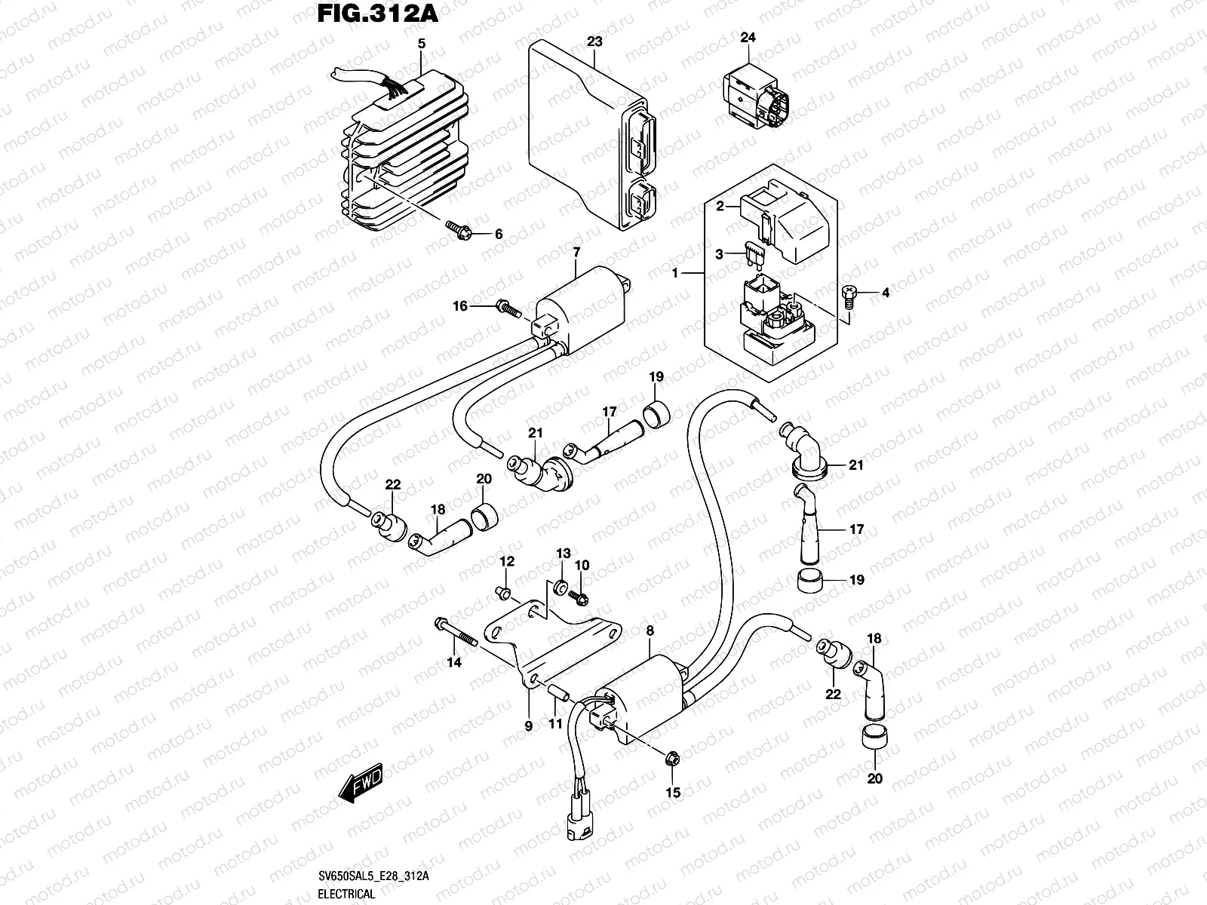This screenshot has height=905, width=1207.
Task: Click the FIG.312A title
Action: pyautogui.click(x=378, y=13)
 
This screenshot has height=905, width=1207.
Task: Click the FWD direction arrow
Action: pyautogui.click(x=360, y=783)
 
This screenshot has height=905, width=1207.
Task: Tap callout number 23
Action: pyautogui.click(x=594, y=41)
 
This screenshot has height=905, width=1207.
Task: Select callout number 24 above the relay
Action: pyautogui.click(x=748, y=38)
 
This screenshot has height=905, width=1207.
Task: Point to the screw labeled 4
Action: pyautogui.click(x=849, y=296)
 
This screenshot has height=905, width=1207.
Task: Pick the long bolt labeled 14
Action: pyautogui.click(x=456, y=633)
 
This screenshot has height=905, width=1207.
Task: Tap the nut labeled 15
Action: pyautogui.click(x=672, y=759)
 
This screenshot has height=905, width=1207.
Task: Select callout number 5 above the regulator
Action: pyautogui.click(x=421, y=44)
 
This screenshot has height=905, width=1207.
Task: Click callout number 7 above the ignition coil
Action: pyautogui.click(x=576, y=253)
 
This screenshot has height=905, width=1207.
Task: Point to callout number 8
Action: pyautogui.click(x=650, y=630)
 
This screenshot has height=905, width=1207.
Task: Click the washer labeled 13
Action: pyautogui.click(x=561, y=587)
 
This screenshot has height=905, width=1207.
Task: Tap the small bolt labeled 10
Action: pyautogui.click(x=578, y=597)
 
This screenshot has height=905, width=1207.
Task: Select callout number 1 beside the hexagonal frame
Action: pyautogui.click(x=675, y=272)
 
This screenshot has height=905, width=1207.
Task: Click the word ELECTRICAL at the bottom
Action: pyautogui.click(x=346, y=894)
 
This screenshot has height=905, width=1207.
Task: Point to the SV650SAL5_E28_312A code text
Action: pyautogui.click(x=373, y=876)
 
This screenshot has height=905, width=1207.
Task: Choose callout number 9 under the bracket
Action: pyautogui.click(x=529, y=726)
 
